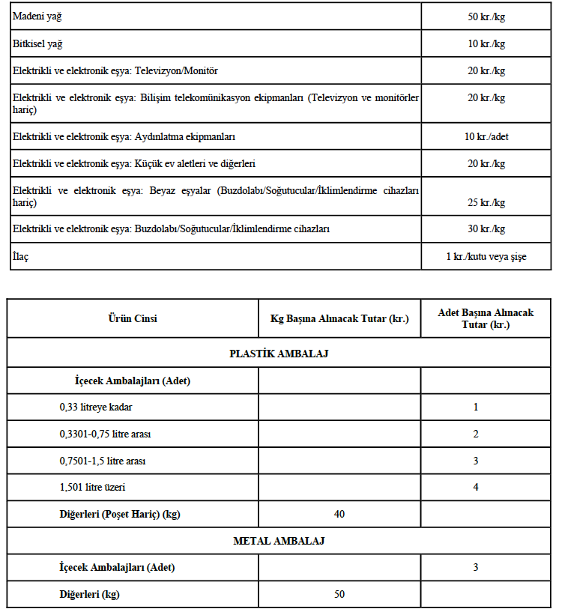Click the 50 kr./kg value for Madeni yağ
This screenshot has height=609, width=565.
pos(486,16)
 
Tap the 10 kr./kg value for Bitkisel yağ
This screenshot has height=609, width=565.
pos(486,44)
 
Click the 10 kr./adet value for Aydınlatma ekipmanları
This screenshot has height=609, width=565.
pos(486,137)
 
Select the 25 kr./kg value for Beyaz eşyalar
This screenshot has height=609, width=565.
pos(486,203)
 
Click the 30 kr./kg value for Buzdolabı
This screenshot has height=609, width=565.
pos(486,229)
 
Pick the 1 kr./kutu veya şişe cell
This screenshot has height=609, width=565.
pos(486,257)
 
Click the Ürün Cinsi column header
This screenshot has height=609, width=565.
pos(133,318)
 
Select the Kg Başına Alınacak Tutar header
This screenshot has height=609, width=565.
pos(339,318)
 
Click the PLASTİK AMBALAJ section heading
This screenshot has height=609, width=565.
pos(279,354)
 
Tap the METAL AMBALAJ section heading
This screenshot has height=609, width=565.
pos(279,540)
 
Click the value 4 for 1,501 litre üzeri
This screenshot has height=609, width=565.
pos(476,487)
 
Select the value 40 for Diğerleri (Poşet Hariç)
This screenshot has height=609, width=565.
pos(339,514)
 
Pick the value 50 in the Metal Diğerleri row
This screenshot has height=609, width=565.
pos(339,594)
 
